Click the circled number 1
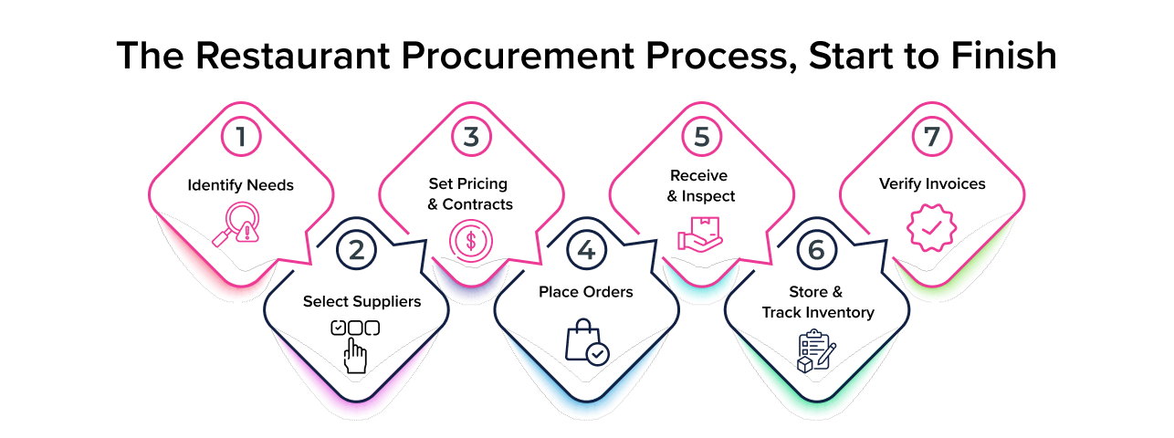[241, 138]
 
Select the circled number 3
[471, 138]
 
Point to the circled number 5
[701, 138]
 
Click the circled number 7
[931, 138]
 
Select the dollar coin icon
[470, 241]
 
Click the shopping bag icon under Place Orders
[586, 342]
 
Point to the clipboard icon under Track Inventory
[816, 350]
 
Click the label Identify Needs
[241, 185]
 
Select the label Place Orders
[586, 292]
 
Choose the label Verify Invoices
[931, 184]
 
